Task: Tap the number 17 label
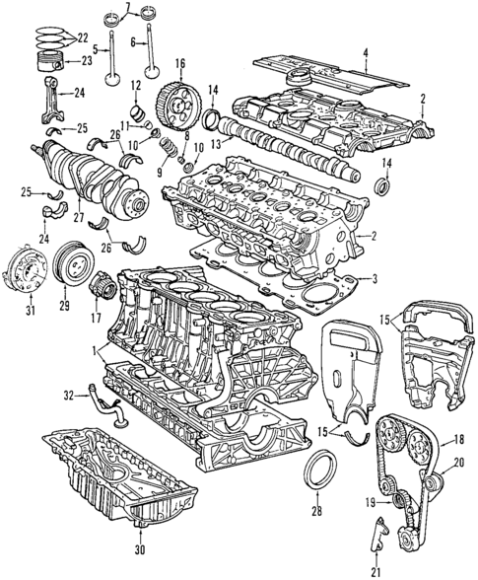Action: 97,318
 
